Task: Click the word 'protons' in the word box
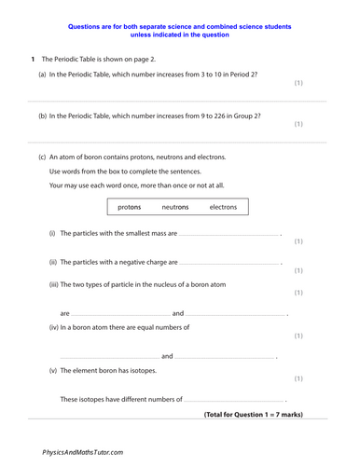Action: (130, 206)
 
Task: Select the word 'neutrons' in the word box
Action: (175, 206)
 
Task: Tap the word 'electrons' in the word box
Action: (223, 206)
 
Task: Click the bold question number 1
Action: (32, 58)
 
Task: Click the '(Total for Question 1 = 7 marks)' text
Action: (253, 414)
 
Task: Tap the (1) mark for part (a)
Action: (298, 83)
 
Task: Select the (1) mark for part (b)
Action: (298, 123)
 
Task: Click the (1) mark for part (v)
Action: (298, 378)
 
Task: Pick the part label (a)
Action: (43, 73)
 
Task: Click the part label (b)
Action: (43, 116)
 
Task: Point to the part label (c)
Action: (43, 157)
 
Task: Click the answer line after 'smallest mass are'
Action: (228, 236)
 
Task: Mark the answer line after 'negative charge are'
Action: (229, 265)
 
